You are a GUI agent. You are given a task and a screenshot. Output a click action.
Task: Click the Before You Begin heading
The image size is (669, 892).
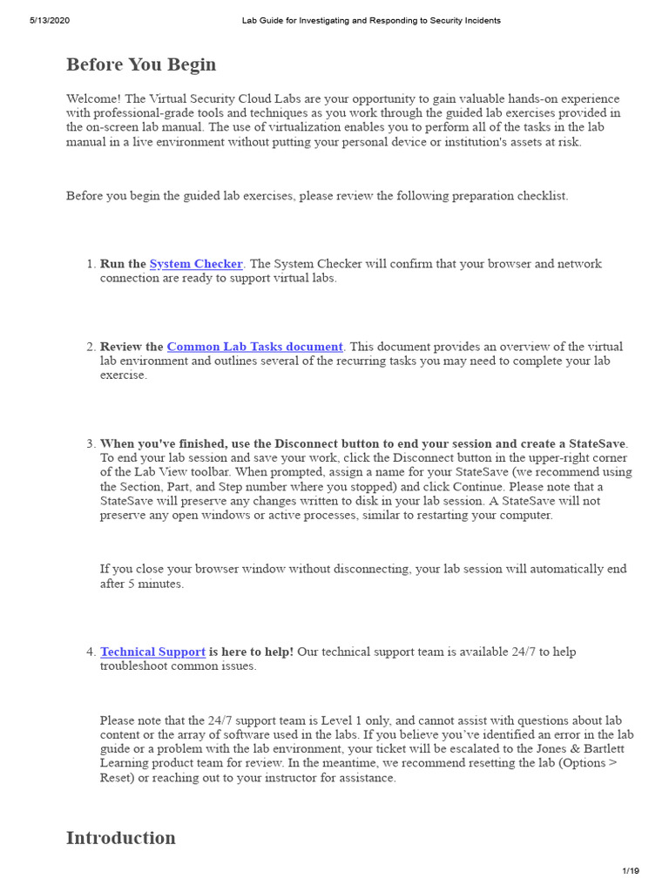tap(141, 65)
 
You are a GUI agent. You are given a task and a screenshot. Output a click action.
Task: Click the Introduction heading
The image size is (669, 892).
tap(121, 838)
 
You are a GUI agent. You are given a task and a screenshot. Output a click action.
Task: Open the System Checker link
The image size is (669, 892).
tap(196, 264)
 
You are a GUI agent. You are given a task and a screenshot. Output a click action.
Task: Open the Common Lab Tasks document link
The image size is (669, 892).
tap(255, 347)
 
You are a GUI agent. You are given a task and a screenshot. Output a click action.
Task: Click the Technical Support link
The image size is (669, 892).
tap(152, 652)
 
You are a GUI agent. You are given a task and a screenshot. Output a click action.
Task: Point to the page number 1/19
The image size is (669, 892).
tap(631, 870)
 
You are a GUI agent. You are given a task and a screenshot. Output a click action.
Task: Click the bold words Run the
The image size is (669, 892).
tap(123, 264)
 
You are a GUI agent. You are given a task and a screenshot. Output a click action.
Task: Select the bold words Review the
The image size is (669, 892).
tap(132, 347)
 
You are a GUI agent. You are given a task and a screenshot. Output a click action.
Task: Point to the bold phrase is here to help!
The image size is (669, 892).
tap(251, 652)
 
